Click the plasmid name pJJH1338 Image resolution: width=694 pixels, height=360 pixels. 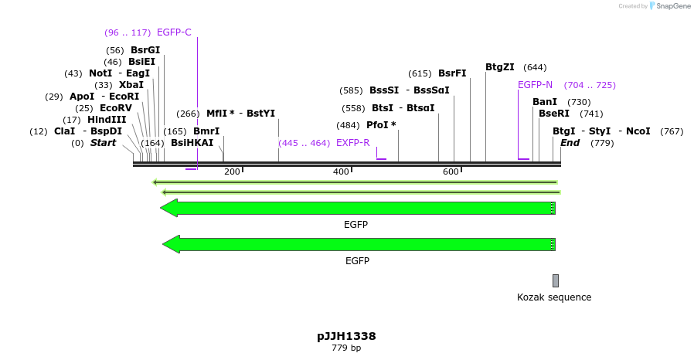pos(346,336)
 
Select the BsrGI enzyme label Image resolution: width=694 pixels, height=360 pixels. pos(145,50)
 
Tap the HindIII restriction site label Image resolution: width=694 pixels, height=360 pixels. pos(107,120)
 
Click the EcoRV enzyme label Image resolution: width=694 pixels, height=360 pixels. pos(116,108)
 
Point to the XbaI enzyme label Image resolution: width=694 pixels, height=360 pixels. pos(131,85)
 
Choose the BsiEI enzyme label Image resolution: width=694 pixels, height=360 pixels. pos(141,62)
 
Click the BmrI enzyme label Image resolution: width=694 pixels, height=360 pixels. pos(206,131)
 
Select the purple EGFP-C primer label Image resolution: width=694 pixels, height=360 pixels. pos(174,32)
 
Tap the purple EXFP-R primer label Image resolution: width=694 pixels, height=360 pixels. pos(353,143)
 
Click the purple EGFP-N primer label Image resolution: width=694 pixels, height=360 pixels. pos(535,85)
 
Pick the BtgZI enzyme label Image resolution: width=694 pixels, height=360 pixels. pos(500,67)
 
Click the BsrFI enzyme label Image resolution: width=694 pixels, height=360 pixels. pos(452,73)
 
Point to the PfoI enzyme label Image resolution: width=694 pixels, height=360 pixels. pos(381,125)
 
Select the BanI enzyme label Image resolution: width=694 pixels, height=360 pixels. pos(545,102)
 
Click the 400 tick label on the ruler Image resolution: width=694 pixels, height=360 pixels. pos(342,172)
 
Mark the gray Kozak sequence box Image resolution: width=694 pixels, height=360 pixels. pos(555,280)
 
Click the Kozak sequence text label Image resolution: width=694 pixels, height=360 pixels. pos(554,297)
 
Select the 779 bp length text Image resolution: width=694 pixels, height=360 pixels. pos(346,348)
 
